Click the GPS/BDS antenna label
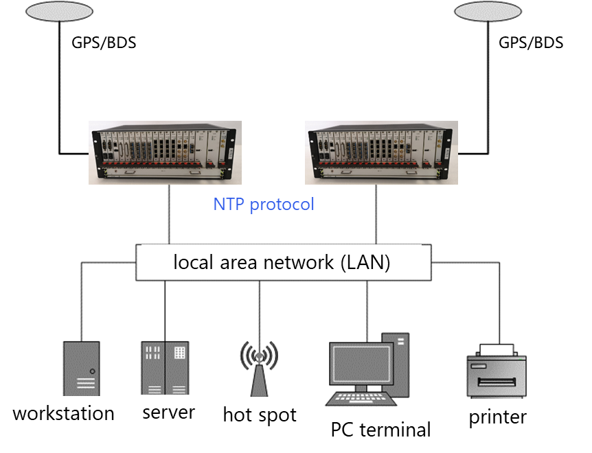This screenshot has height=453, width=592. tap(104, 43)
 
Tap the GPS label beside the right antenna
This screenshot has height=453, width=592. tap(512, 43)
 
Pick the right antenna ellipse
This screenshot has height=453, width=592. tap(488, 11)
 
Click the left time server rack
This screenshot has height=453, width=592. tap(166, 152)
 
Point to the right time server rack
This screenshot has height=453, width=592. tap(382, 152)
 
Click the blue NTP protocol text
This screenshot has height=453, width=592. tap(264, 205)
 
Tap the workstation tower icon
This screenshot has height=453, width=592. tap(81, 368)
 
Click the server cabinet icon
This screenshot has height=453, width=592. tap(165, 367)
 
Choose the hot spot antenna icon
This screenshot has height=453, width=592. tap(259, 367)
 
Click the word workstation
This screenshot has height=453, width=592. tap(63, 414)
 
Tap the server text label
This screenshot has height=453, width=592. tap(169, 413)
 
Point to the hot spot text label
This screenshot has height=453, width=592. tap(260, 415)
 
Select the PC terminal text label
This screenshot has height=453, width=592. tap(381, 430)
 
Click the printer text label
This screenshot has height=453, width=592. tap(498, 417)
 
